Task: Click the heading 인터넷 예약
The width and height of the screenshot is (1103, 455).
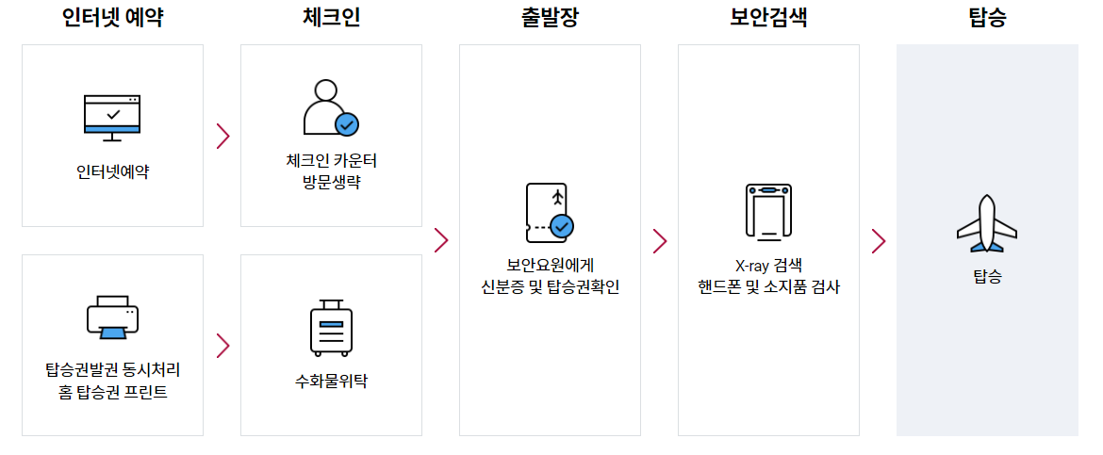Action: tap(112, 17)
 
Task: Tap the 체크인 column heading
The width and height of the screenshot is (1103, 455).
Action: tap(331, 17)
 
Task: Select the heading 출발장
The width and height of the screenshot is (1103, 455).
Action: tap(550, 17)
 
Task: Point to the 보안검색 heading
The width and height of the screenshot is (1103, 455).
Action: tap(768, 17)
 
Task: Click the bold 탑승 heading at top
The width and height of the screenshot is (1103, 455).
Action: tap(987, 17)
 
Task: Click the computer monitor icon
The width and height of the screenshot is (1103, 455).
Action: tap(112, 118)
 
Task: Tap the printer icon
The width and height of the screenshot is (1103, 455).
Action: tap(112, 317)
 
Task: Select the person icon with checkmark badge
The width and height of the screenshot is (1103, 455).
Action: tap(330, 108)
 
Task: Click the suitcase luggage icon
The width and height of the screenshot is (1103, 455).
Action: tap(331, 329)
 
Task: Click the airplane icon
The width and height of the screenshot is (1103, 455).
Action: tap(987, 224)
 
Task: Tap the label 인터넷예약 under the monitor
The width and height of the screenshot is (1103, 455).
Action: tap(112, 172)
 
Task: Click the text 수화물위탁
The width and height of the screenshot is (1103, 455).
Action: tap(331, 382)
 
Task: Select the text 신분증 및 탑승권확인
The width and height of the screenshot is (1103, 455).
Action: tap(550, 287)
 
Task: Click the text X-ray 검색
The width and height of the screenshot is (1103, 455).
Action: tap(768, 265)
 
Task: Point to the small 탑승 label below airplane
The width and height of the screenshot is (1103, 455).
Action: tap(987, 277)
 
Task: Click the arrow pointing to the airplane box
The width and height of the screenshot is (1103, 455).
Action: tap(879, 241)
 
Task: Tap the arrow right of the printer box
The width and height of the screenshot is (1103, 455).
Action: tap(222, 346)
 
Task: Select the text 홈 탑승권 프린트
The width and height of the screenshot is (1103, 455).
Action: tap(112, 392)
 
